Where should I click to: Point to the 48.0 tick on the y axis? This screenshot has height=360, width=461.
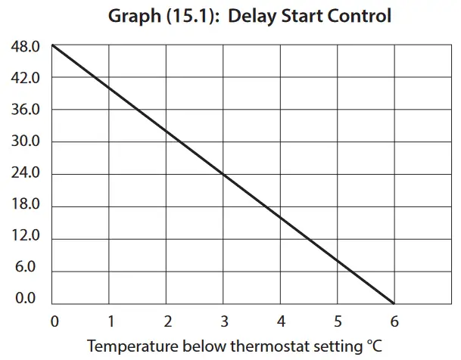tap(25, 47)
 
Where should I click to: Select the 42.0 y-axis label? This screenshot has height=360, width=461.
tap(25, 78)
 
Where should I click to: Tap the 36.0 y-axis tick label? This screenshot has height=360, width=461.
tap(25, 110)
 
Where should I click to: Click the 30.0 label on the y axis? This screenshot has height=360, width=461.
tap(25, 141)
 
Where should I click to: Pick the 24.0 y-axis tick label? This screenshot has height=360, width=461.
tap(25, 174)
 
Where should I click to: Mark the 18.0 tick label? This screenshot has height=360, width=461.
tap(25, 206)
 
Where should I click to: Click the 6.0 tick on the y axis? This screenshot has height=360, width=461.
tap(25, 267)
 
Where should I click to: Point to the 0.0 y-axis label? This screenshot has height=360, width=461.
tap(25, 298)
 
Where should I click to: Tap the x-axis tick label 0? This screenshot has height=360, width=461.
tap(54, 320)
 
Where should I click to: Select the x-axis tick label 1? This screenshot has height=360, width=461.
tap(111, 320)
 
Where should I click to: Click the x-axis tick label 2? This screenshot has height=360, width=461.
tap(167, 320)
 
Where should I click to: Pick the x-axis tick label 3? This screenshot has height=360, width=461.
tap(223, 320)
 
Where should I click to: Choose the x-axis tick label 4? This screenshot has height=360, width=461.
tap(280, 320)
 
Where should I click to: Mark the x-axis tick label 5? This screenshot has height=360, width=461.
tap(338, 320)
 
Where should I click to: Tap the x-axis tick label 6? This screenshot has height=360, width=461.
tap(394, 320)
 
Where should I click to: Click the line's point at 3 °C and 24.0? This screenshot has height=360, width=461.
tap(223, 174)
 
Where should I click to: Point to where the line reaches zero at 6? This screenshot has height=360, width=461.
tap(394, 302)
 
